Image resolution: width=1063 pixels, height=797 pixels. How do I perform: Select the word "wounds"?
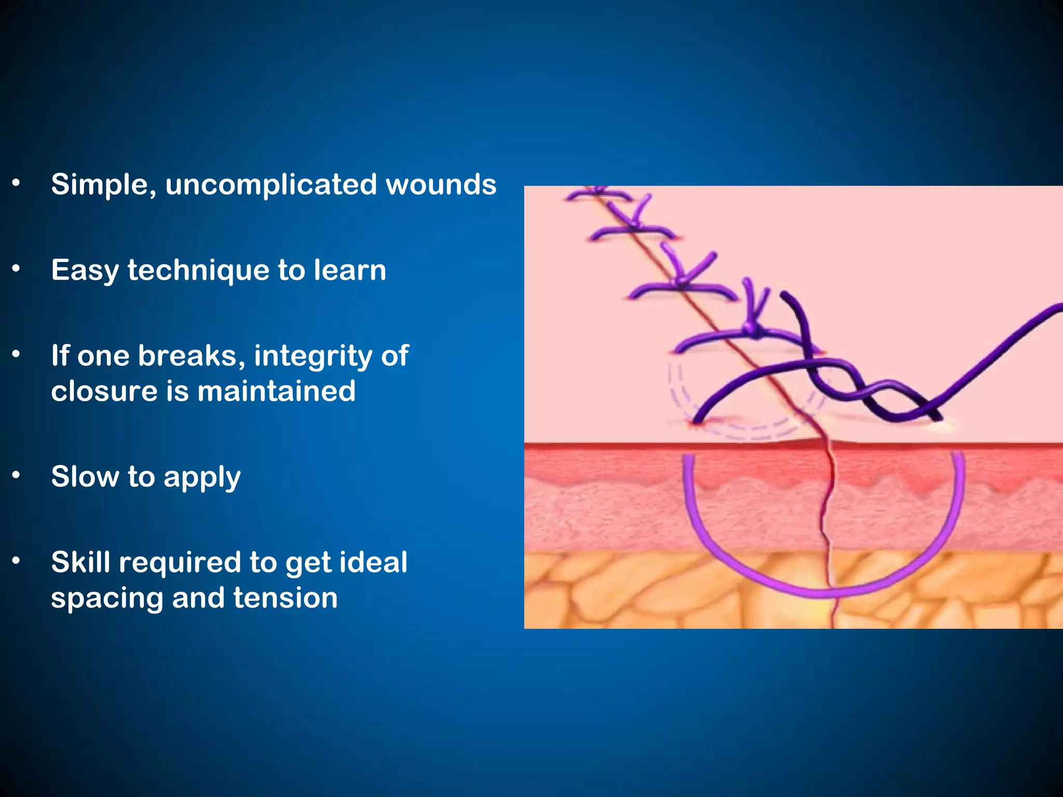pyautogui.click(x=441, y=184)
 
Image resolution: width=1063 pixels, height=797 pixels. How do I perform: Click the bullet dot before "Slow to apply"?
pyautogui.click(x=16, y=475)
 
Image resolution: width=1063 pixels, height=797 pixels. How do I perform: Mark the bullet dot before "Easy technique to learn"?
pyautogui.click(x=16, y=269)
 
